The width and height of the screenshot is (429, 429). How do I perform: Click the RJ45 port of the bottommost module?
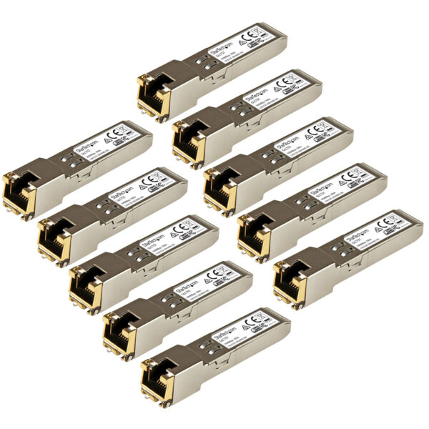coord(157,372)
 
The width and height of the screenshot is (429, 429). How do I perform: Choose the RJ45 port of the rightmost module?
coord(289,275)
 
